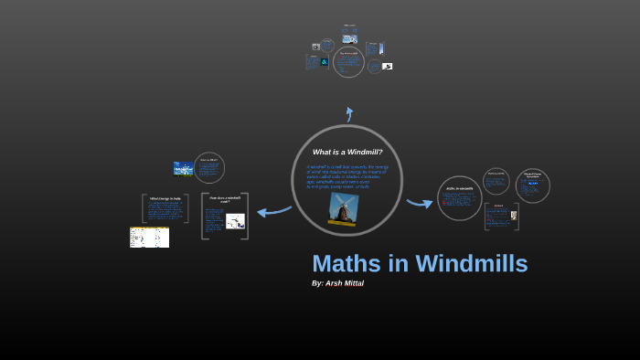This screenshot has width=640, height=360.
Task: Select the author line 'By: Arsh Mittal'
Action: (337, 283)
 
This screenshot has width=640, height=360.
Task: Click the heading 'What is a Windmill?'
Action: (347, 152)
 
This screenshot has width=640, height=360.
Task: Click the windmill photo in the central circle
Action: (344, 207)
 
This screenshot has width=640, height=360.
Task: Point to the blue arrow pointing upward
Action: (348, 114)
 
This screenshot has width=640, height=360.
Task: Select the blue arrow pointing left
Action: (273, 211)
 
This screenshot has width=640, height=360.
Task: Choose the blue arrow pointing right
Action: (420, 202)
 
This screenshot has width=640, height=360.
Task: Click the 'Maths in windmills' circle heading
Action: (458, 189)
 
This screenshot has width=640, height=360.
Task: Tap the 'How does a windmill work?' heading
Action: (224, 199)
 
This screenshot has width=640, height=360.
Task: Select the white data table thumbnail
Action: (149, 238)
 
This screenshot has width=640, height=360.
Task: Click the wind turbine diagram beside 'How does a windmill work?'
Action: (235, 220)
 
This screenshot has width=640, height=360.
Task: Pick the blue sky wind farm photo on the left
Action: (183, 168)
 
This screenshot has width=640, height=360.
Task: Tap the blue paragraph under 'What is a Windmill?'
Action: (347, 176)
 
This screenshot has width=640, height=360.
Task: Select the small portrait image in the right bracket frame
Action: (514, 216)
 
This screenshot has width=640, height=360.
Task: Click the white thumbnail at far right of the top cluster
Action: (388, 66)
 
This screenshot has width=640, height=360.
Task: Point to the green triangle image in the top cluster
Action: (324, 61)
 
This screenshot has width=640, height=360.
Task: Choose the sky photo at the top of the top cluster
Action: (349, 38)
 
